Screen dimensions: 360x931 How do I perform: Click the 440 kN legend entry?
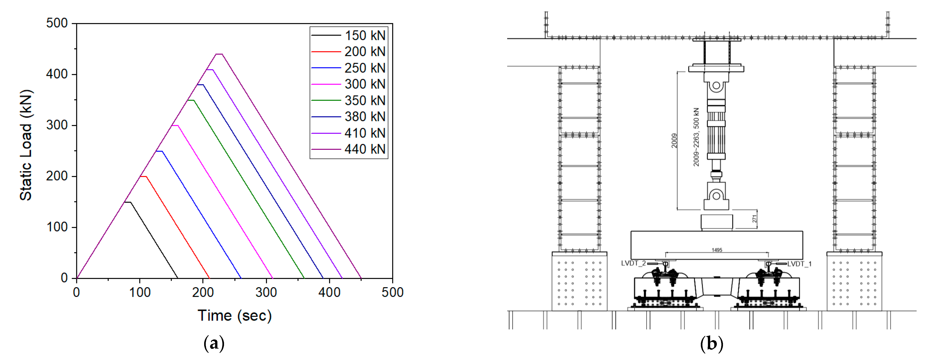pos(364,149)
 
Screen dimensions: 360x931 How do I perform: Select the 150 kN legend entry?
pos(364,35)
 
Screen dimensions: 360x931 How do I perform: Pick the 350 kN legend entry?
pos(364,100)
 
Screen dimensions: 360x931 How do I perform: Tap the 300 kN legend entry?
pos(364,84)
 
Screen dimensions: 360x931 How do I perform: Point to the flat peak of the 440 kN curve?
pos(219,54)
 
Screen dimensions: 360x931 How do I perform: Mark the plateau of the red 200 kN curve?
pos(143,176)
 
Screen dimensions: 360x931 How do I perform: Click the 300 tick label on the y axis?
pos(57,125)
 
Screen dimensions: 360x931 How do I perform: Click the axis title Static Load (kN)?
pos(26,145)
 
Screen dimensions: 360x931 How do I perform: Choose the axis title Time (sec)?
pos(234,315)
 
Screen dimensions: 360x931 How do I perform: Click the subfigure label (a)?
pos(214,343)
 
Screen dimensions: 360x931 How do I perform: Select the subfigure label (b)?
pos(712,343)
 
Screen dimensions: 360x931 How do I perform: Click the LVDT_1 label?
pos(799,264)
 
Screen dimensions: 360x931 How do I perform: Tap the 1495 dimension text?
pos(717,250)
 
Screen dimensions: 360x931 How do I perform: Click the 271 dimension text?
pos(754,219)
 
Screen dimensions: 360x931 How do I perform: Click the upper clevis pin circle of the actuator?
pos(716,86)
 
